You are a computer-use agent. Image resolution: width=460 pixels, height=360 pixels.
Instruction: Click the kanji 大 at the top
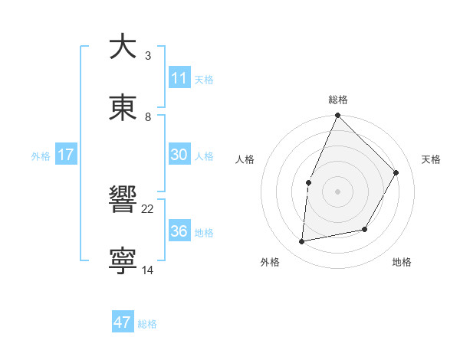(x=123, y=47)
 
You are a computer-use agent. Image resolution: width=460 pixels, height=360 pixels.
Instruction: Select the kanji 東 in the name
(x=123, y=107)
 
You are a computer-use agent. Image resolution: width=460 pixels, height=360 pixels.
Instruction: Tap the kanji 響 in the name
(x=123, y=201)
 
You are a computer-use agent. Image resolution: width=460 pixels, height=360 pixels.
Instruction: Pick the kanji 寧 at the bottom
(x=123, y=260)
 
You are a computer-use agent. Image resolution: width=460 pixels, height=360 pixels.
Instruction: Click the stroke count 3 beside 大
(x=148, y=56)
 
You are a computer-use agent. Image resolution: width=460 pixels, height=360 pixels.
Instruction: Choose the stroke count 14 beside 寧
(x=148, y=270)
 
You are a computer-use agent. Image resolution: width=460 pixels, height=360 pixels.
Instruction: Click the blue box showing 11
(x=179, y=78)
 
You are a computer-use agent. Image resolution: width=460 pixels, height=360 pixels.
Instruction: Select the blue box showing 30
(x=179, y=155)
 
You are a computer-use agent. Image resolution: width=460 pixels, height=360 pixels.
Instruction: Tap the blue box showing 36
(x=179, y=231)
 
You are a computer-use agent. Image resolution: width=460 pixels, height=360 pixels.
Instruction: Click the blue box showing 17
(x=66, y=155)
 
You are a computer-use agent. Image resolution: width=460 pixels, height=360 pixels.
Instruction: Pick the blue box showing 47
(x=123, y=322)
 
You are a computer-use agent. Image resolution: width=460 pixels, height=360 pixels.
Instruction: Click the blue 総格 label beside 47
(x=147, y=324)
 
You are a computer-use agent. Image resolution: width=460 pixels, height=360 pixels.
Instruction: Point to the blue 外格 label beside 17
(x=41, y=156)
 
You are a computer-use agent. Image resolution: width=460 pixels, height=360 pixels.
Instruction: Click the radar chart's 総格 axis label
(x=338, y=100)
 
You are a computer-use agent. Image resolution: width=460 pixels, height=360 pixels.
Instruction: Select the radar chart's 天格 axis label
(x=431, y=159)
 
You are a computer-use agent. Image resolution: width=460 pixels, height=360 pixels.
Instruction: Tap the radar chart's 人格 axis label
(x=245, y=159)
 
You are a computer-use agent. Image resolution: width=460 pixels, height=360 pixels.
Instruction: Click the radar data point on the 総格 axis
(x=337, y=116)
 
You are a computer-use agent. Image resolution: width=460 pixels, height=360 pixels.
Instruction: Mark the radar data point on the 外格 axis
(x=302, y=242)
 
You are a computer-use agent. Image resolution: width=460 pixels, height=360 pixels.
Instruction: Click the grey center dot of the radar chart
(x=337, y=191)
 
